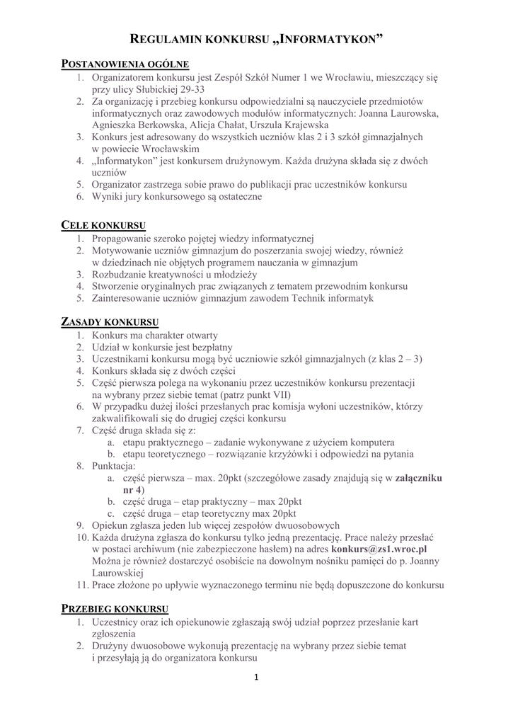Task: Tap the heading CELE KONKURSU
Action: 104,225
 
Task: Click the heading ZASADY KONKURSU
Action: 109,322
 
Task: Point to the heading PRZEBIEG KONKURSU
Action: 115,609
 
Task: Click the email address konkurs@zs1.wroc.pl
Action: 379,549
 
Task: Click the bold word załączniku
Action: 419,478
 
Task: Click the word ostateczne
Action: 237,198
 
